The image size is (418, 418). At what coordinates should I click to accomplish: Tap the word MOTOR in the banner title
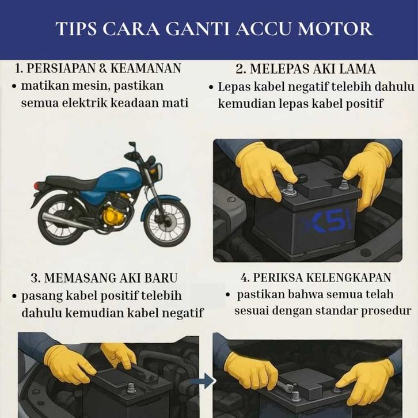coord(335,29)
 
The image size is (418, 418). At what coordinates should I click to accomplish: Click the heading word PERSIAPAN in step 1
coord(61,69)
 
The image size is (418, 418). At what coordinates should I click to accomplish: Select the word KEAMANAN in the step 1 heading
coord(146,69)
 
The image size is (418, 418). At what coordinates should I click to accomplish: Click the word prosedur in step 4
coord(386,311)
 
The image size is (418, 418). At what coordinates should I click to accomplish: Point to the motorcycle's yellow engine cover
coord(115,216)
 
